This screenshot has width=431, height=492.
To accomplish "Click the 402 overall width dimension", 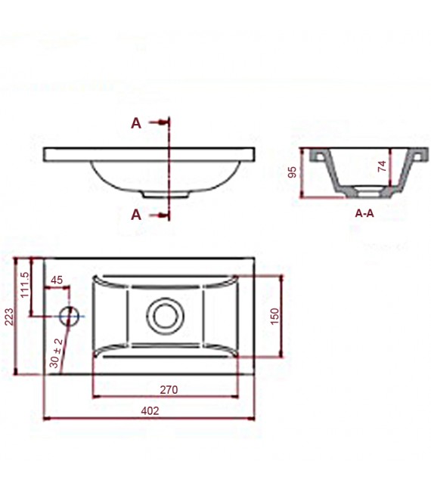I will pos(150,410).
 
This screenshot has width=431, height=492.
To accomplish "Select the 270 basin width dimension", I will pos(168,390).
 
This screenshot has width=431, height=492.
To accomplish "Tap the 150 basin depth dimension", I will pos(274,314).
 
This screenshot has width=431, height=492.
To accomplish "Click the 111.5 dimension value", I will pos(24,284).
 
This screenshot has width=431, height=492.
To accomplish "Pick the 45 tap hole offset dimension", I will pos(57,280).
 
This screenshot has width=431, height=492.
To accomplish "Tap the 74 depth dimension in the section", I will pos(382,167).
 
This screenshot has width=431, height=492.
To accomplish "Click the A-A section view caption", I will pos(364,213).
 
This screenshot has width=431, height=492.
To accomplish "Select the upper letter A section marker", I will pos(136,124).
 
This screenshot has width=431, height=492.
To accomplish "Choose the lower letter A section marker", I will pos(136,215).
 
